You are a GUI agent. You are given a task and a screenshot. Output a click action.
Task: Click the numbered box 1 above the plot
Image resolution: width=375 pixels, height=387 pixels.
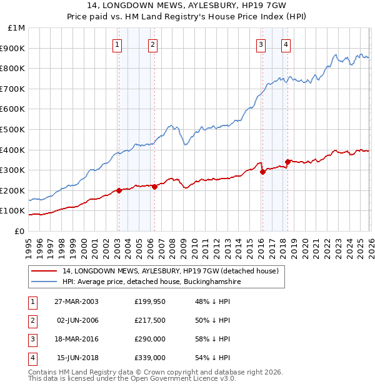(x=117, y=44)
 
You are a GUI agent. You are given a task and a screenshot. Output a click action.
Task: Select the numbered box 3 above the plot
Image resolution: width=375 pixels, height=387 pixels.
(x=261, y=44)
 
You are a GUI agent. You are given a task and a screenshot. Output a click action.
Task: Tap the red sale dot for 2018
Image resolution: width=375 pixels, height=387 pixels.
(x=287, y=162)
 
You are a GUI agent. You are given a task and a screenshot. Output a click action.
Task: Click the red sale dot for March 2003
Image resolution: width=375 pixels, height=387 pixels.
(x=119, y=190)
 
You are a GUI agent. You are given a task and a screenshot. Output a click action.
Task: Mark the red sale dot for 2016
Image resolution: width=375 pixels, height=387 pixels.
(x=262, y=172)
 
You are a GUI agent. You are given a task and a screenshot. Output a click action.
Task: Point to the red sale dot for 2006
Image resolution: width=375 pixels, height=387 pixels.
(x=154, y=187)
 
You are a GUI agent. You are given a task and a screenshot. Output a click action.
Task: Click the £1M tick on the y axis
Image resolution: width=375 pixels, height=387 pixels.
(x=17, y=28)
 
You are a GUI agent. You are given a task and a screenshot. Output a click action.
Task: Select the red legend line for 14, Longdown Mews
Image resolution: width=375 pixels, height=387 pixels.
(x=43, y=271)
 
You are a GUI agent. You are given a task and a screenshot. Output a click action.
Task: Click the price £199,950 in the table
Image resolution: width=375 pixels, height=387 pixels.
(x=150, y=301)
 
